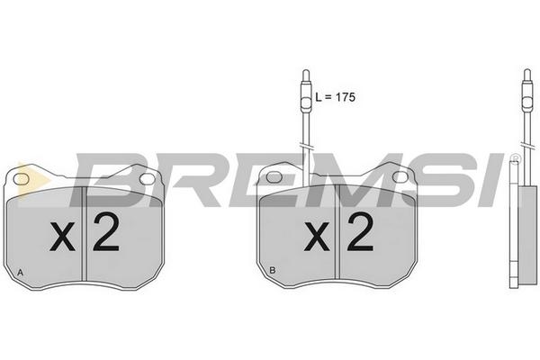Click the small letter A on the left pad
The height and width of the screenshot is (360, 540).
[21, 273]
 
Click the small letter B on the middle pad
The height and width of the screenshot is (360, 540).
[273, 270]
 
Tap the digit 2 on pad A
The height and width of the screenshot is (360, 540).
[106, 231]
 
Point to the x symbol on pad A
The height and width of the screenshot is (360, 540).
[62, 237]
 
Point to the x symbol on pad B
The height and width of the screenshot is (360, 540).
[317, 236]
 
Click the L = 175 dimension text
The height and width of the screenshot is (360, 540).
[335, 97]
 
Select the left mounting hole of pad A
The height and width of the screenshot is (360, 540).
[21, 179]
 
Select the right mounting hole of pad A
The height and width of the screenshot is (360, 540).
[148, 179]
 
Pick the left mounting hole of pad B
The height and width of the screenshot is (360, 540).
[274, 177]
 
